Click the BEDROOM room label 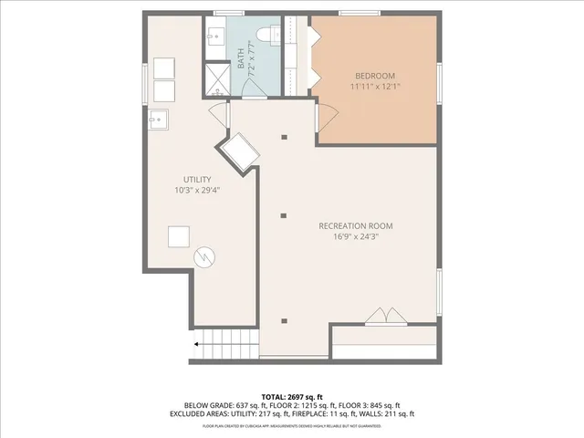[374, 75]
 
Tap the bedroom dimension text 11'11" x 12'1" [375, 87]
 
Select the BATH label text [242, 60]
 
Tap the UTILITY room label [197, 180]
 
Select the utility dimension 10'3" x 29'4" [197, 191]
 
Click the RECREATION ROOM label [356, 225]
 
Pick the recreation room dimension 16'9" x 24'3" [356, 236]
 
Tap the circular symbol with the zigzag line [204, 258]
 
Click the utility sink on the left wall [157, 119]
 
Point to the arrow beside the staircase [196, 345]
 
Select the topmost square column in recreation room [285, 137]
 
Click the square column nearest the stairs [285, 320]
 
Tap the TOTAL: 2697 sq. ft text [292, 397]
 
